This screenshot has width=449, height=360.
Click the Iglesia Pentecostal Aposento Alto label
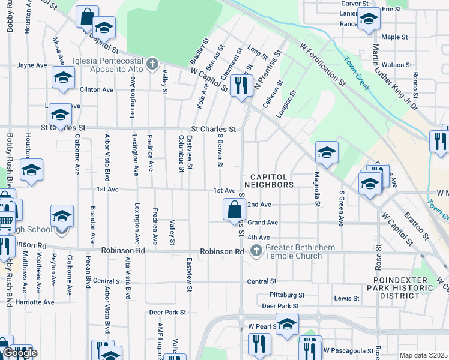point(107,65)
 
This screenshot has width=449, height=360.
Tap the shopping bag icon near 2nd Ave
point(234,210)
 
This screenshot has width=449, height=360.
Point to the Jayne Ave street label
point(32,65)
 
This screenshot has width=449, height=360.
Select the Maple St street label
point(394,37)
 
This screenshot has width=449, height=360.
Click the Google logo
point(19,353)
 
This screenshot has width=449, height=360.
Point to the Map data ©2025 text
point(424,355)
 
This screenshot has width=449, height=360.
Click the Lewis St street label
point(346,298)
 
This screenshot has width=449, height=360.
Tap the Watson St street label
point(393,65)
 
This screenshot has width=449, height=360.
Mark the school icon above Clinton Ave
point(62,78)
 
